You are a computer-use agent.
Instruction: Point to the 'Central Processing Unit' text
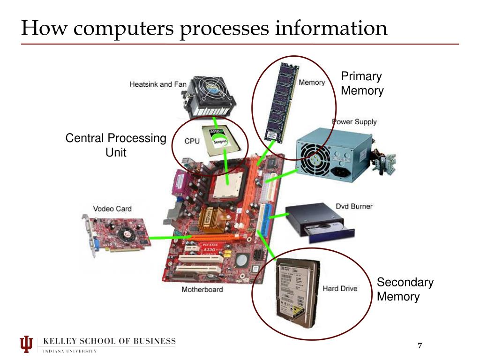[116, 145]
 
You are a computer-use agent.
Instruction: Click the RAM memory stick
[280, 101]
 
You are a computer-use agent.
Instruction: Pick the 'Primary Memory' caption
[362, 83]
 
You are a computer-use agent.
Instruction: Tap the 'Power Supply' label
[354, 122]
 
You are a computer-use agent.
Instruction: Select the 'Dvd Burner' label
[354, 206]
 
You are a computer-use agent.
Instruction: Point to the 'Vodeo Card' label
[112, 209]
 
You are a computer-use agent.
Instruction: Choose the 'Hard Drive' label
[339, 288]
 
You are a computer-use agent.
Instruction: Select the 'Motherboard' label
[202, 289]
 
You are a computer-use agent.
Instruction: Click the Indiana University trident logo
[27, 344]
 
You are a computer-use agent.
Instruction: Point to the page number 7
[420, 346]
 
